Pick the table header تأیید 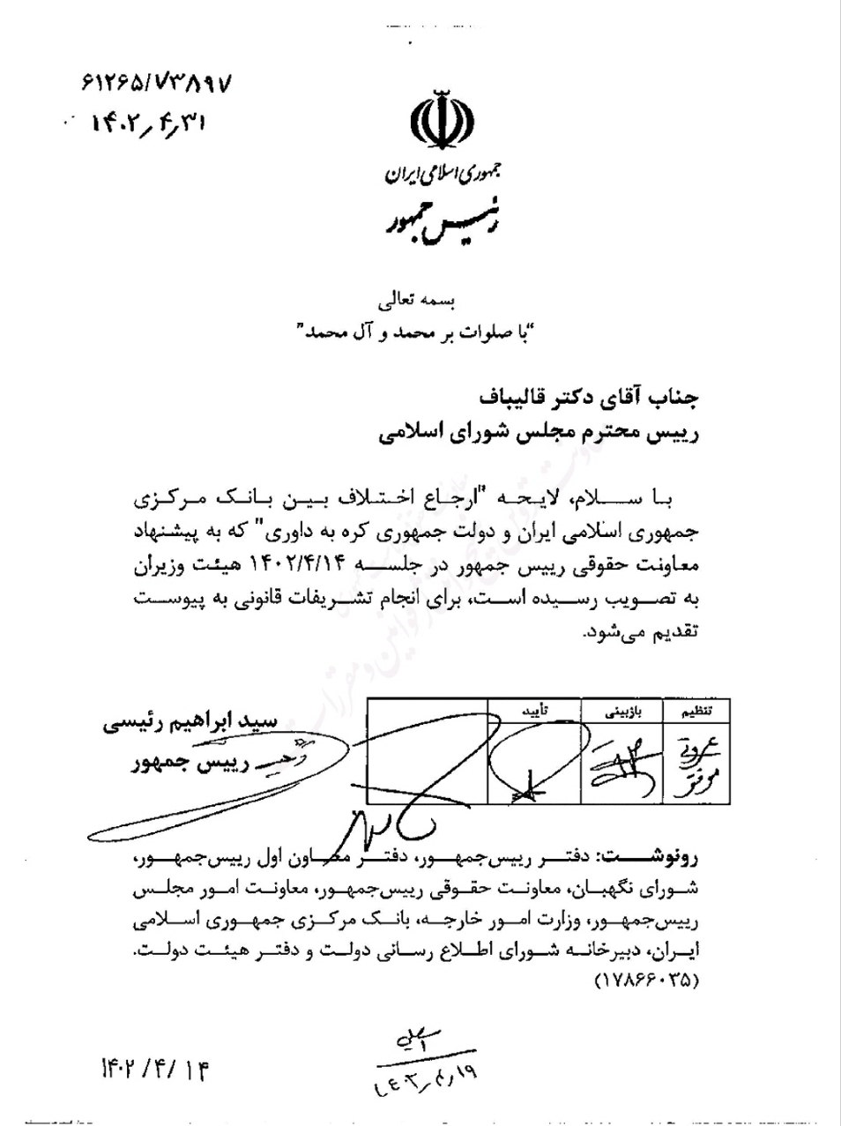(x=535, y=710)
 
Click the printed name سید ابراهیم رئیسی (x=203, y=723)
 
